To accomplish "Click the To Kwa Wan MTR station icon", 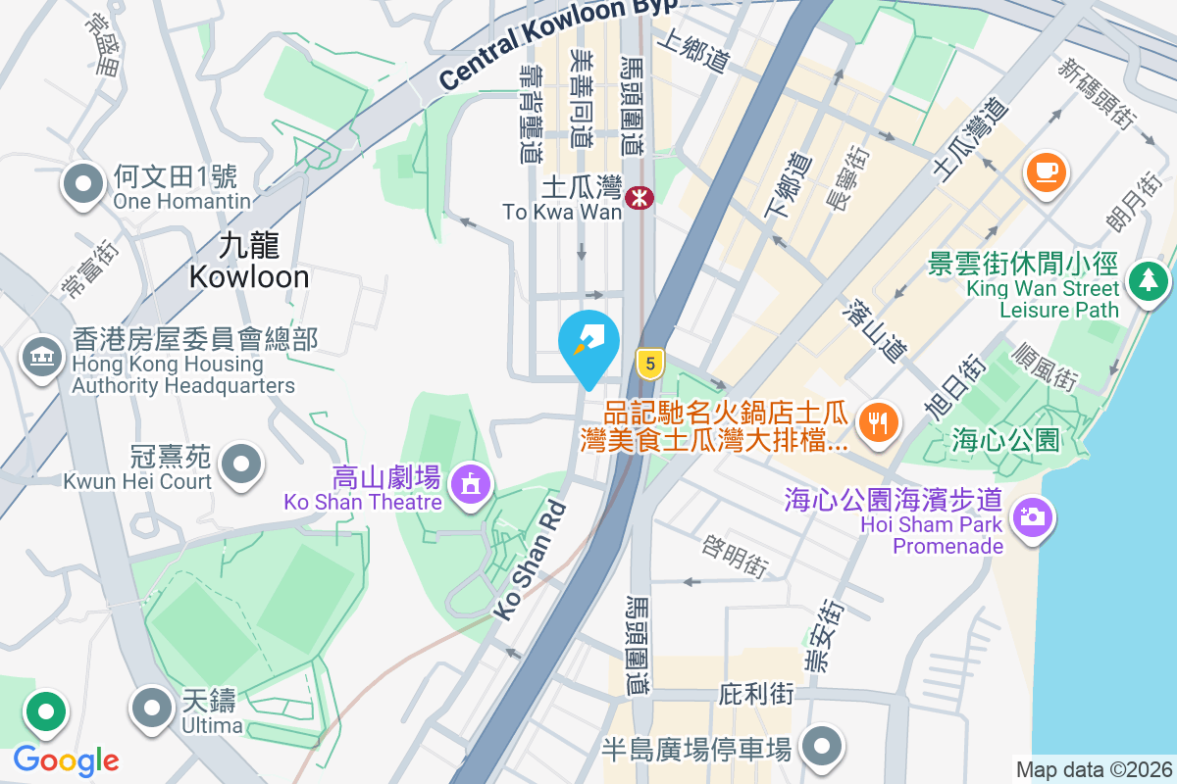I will [x=640, y=199].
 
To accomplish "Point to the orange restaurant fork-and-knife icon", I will [x=875, y=422].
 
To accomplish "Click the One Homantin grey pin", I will [x=83, y=183].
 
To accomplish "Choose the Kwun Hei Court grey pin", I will [x=241, y=464].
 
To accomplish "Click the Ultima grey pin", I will [x=151, y=707].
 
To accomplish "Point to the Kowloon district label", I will [x=249, y=261].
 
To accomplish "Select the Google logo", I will [x=66, y=760].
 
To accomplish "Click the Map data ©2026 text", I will [x=1093, y=770].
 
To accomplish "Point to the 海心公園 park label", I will [x=1005, y=441].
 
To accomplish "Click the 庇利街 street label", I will [x=756, y=694].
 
